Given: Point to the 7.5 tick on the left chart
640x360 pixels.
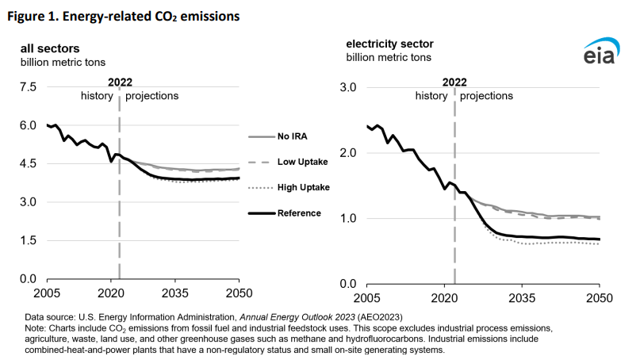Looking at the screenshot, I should point(28,87).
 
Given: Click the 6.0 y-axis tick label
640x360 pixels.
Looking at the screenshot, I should point(28,125).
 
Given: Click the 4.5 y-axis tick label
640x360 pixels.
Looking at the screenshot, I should point(28,164).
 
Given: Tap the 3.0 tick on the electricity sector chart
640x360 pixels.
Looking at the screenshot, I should point(349,87).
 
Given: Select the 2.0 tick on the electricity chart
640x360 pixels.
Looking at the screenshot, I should point(349,153).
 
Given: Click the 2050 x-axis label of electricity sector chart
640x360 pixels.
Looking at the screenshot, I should point(599,299).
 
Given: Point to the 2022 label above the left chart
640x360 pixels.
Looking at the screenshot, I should point(119,81).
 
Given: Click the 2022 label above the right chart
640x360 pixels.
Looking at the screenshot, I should point(454,81).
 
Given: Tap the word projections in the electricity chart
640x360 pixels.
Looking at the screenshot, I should point(487,96).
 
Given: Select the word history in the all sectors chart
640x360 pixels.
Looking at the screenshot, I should point(98,96).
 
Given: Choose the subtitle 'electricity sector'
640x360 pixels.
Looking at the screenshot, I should point(389,44).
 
